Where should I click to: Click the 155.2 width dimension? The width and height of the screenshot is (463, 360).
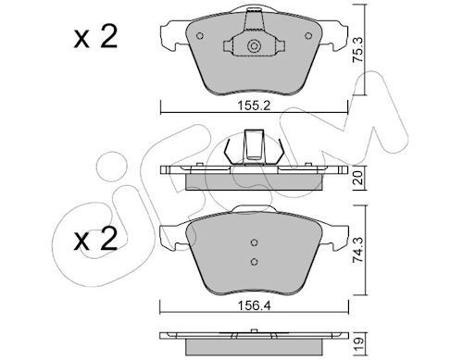tap(254, 106)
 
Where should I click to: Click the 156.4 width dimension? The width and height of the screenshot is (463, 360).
tap(254, 305)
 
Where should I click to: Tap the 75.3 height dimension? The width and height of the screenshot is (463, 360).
tap(357, 50)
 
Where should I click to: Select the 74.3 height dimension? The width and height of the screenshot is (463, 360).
tap(357, 250)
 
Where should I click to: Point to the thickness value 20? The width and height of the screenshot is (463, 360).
tap(358, 178)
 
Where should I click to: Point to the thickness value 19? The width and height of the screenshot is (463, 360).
tap(358, 342)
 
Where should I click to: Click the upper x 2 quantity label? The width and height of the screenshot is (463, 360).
tap(95, 37)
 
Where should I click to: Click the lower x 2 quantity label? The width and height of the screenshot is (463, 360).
tap(95, 239)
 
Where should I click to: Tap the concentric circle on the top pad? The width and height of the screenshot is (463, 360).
tap(254, 46)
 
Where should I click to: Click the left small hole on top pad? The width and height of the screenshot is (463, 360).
tap(200, 36)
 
